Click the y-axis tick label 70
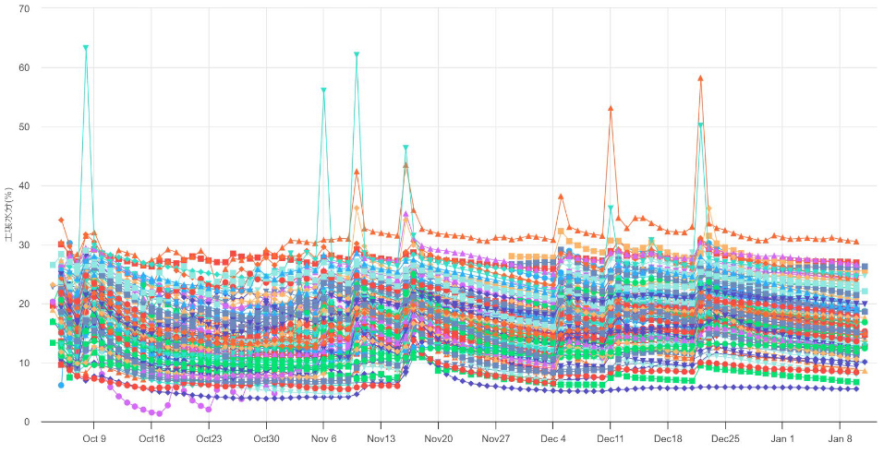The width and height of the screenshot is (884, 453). (x=23, y=8)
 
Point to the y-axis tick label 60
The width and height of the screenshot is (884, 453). (x=23, y=67)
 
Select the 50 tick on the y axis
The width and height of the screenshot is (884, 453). (x=23, y=126)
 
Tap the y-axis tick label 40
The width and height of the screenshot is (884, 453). (x=23, y=185)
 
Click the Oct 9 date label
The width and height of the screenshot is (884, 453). (x=94, y=439)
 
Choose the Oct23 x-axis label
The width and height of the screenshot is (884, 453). (x=209, y=439)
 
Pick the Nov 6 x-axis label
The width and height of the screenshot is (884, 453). (x=323, y=439)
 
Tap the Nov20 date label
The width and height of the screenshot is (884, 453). (x=438, y=439)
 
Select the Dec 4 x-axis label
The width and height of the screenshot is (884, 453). (x=553, y=439)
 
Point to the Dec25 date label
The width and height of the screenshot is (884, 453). (x=725, y=439)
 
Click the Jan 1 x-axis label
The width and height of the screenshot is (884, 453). (x=782, y=439)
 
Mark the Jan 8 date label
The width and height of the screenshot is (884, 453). (x=840, y=439)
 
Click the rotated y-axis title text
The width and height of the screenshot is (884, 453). (x=8, y=215)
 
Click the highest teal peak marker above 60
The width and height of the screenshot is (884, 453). (x=86, y=47)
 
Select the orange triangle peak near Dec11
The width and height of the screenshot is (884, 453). (x=611, y=108)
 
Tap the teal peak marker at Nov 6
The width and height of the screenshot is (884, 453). (x=323, y=90)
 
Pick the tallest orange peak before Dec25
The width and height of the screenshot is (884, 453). (x=701, y=78)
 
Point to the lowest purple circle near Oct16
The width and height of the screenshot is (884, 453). (x=160, y=413)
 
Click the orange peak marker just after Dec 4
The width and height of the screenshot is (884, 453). (x=561, y=197)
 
